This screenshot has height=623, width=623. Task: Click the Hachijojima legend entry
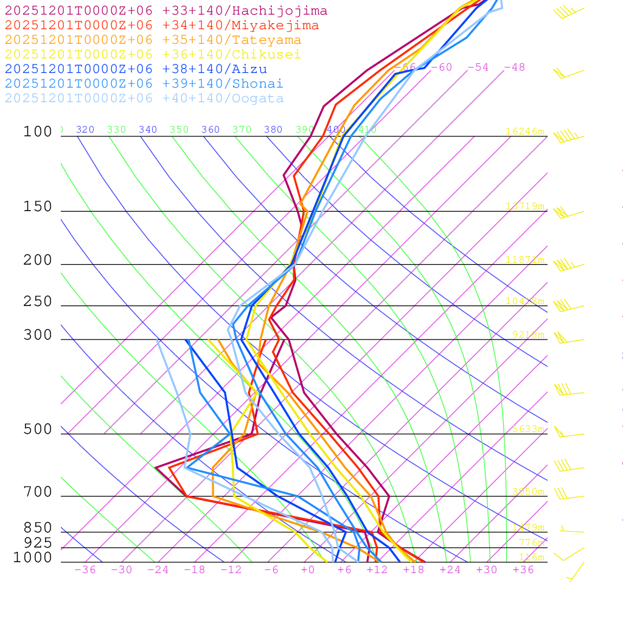click(166, 11)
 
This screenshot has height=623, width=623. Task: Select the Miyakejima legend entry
click(162, 26)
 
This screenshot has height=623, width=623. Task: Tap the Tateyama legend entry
click(153, 40)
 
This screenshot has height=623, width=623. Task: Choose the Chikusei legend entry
click(153, 55)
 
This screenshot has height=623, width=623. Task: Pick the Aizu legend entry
click(136, 69)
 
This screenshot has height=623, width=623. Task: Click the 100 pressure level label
click(38, 132)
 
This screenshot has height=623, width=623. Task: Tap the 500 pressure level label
click(38, 430)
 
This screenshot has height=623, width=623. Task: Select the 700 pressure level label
click(38, 492)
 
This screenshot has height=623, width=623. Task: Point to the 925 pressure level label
click(38, 543)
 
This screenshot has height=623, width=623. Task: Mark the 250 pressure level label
click(38, 302)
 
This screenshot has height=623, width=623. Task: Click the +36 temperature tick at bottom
click(523, 570)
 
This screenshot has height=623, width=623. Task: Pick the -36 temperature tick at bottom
click(85, 570)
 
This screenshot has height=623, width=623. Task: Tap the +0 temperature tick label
click(308, 570)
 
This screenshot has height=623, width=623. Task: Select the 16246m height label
click(525, 131)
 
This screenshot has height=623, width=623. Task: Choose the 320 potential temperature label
click(85, 130)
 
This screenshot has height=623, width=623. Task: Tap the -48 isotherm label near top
click(515, 68)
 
